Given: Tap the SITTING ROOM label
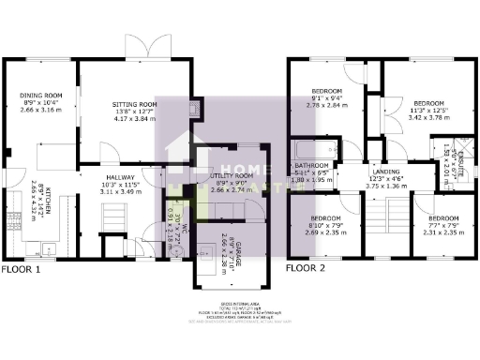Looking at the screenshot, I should pyautogui.click(x=135, y=104).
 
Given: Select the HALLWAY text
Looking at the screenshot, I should pyautogui.click(x=121, y=177).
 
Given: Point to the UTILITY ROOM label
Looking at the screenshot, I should pyautogui.click(x=232, y=175).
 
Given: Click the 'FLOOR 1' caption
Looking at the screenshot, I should pyautogui.click(x=21, y=269).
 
